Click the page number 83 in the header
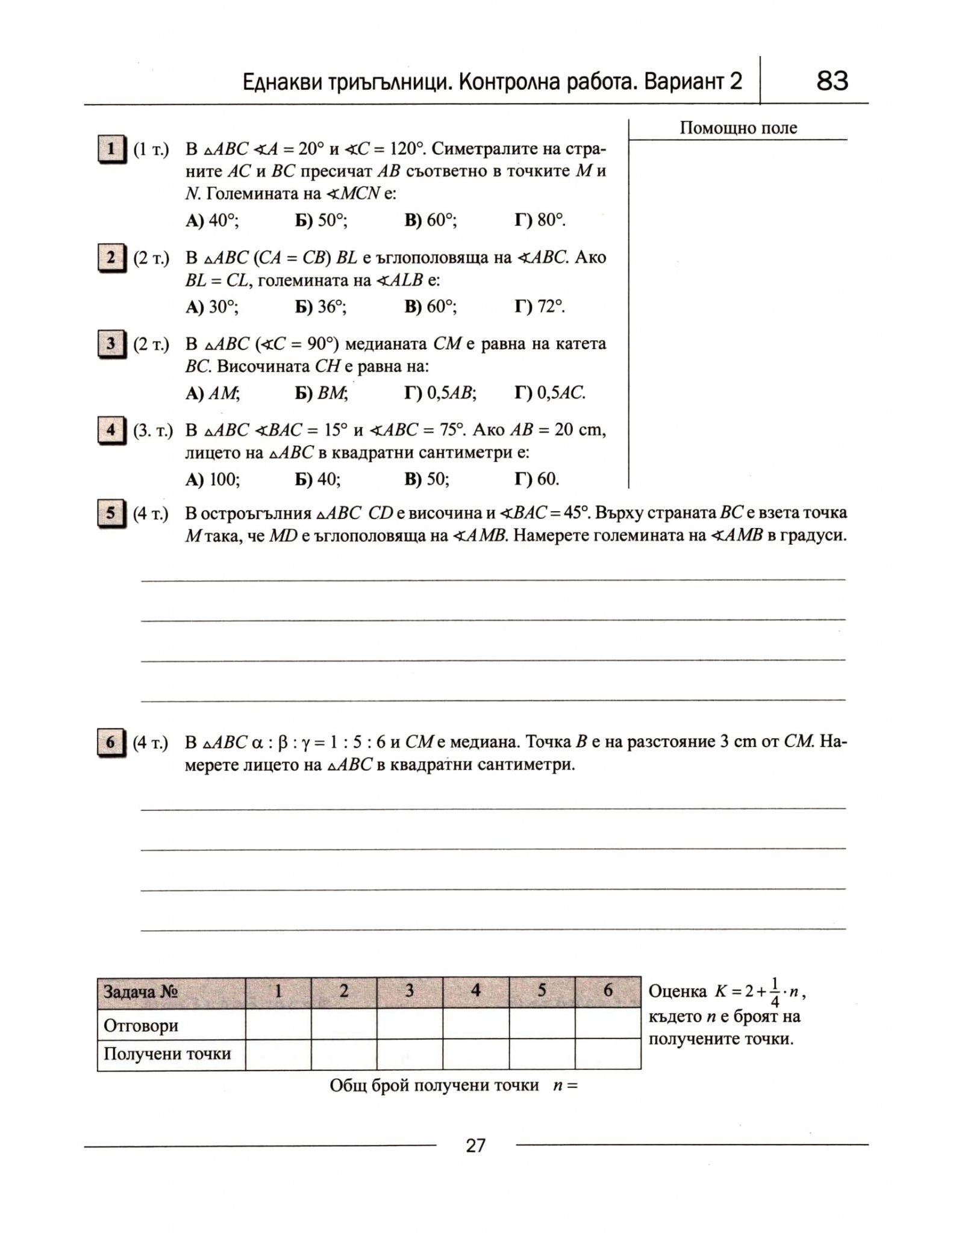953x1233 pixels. [832, 81]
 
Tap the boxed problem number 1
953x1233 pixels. [110, 149]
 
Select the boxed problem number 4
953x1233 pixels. [110, 430]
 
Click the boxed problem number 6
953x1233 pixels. [110, 742]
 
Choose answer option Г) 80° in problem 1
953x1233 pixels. [540, 220]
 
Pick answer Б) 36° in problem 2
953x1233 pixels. [320, 307]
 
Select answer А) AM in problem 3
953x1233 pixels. [212, 394]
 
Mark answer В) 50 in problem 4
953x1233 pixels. [427, 479]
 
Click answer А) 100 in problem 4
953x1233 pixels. [213, 479]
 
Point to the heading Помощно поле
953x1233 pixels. [738, 128]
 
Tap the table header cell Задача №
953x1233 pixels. [141, 992]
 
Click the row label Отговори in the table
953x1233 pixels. [141, 1025]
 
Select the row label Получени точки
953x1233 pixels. [167, 1054]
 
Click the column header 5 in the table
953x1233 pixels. [542, 990]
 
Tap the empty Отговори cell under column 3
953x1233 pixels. [410, 1024]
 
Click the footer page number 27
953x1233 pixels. [475, 1145]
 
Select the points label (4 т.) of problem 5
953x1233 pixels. [151, 514]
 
